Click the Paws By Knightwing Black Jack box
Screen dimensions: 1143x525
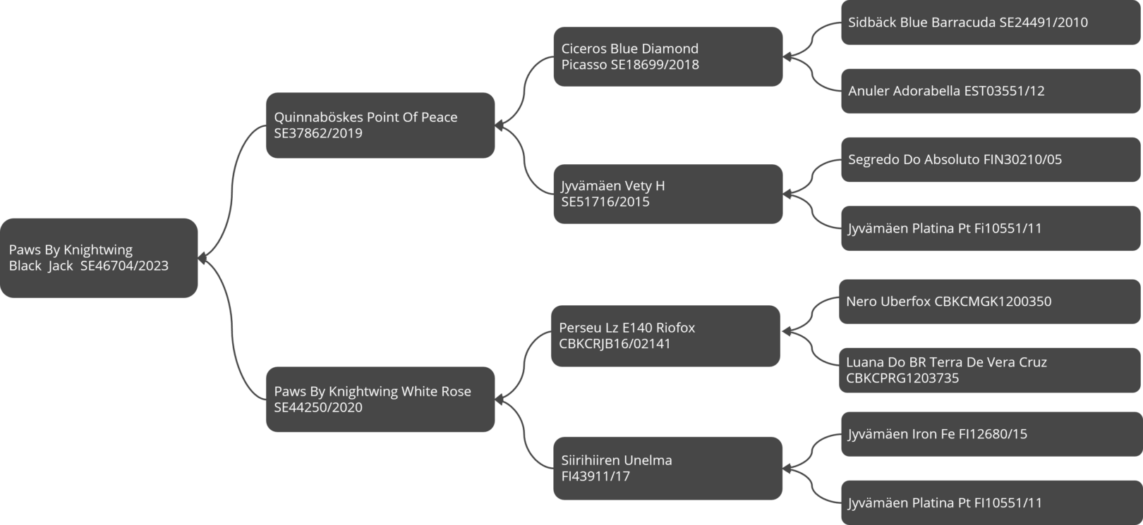click(x=99, y=258)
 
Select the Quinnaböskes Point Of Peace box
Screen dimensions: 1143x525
click(x=380, y=125)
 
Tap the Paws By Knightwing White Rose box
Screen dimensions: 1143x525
click(x=380, y=400)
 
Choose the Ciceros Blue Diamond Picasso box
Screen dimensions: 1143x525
click(x=668, y=56)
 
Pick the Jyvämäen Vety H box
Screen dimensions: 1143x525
click(x=668, y=194)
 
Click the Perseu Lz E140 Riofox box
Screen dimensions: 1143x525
click(x=665, y=336)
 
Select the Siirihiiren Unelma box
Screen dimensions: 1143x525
click(x=668, y=469)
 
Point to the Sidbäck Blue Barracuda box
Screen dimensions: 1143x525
click(x=991, y=23)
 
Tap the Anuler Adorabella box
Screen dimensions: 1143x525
click(x=991, y=91)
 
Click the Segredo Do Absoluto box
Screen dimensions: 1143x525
click(x=991, y=159)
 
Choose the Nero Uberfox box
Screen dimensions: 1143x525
click(x=990, y=301)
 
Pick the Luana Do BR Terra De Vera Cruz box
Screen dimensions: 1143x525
click(x=990, y=371)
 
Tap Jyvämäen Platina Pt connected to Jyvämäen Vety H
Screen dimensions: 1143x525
click(x=991, y=228)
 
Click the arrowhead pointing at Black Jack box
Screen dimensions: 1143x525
click(x=202, y=259)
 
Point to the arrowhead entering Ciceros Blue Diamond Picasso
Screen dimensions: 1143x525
click(x=787, y=56)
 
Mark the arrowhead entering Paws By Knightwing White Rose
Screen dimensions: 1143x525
click(x=499, y=400)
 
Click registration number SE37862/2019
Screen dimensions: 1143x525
click(x=318, y=134)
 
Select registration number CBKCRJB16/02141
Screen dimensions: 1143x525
click(x=615, y=344)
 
